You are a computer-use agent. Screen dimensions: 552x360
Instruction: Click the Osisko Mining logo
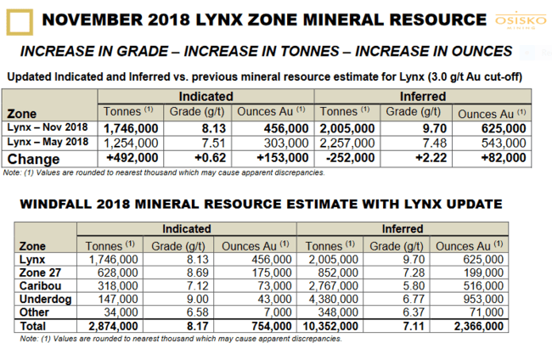pyautogui.click(x=521, y=21)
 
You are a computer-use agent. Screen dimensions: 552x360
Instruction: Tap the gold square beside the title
pyautogui.click(x=20, y=22)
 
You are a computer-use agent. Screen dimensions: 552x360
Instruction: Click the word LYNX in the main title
pyautogui.click(x=218, y=20)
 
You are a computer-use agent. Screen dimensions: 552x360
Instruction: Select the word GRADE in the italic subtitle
pyautogui.click(x=142, y=52)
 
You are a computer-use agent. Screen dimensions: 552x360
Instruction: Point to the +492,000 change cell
pyautogui.click(x=132, y=158)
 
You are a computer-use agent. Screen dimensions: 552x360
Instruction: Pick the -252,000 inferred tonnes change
pyautogui.click(x=350, y=158)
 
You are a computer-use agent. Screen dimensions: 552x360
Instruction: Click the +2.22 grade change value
pyautogui.click(x=431, y=158)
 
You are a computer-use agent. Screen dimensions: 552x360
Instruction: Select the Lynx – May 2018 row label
pyautogui.click(x=48, y=142)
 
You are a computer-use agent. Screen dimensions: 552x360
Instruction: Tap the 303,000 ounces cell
pyautogui.click(x=286, y=143)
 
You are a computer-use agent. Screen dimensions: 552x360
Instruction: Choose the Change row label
pyautogui.click(x=33, y=159)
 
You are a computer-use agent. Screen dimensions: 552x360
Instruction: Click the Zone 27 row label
pyautogui.click(x=40, y=273)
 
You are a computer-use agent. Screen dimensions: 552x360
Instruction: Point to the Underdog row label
pyautogui.click(x=45, y=299)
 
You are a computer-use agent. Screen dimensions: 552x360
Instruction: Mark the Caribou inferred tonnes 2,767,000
pyautogui.click(x=334, y=286)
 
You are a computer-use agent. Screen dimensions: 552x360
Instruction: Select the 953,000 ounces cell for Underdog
pyautogui.click(x=483, y=299)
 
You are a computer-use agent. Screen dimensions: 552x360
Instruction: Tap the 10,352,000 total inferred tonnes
pyautogui.click(x=330, y=326)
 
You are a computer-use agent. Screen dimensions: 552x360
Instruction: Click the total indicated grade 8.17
pyautogui.click(x=198, y=326)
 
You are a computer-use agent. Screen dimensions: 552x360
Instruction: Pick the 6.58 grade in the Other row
pyautogui.click(x=198, y=312)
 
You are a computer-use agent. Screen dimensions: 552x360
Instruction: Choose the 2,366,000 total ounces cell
pyautogui.click(x=479, y=326)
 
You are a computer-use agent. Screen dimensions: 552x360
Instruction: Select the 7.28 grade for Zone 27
pyautogui.click(x=414, y=273)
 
